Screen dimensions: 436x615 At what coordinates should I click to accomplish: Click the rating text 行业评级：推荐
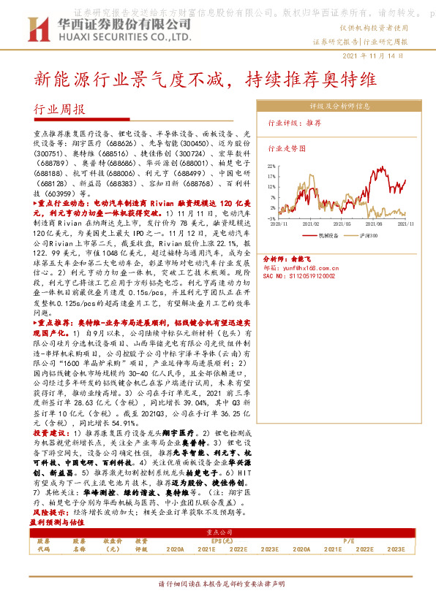(296, 123)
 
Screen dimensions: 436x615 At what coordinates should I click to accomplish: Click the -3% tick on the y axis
(270, 218)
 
